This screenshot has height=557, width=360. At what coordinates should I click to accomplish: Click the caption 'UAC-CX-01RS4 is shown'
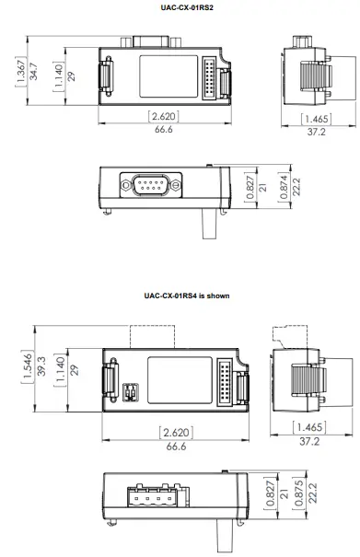[x=180, y=296]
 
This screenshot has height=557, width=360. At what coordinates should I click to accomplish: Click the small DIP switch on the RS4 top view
[x=130, y=393]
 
